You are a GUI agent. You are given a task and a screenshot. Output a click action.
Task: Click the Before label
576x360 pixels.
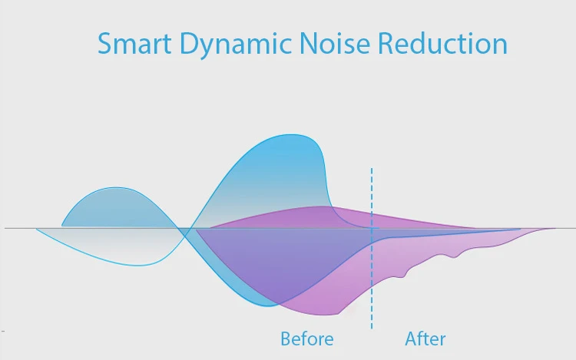[306, 339]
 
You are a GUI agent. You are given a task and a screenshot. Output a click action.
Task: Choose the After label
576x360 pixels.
[425, 339]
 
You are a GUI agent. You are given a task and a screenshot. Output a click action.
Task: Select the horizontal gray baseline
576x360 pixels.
[23, 228]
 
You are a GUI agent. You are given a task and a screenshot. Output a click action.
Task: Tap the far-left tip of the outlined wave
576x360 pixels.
[36, 229]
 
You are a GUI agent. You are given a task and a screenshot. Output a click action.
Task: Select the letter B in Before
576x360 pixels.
[286, 339]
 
